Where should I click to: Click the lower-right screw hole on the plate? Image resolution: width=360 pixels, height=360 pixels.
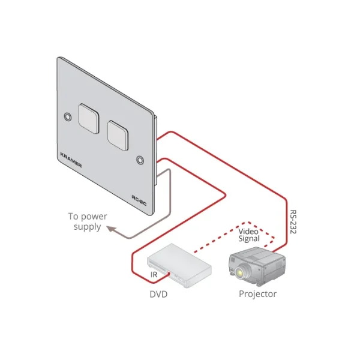140,160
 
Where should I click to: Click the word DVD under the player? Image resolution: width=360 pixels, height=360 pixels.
158,295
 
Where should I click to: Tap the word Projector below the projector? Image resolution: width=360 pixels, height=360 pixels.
257,294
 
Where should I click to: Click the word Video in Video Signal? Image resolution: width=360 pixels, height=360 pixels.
248,230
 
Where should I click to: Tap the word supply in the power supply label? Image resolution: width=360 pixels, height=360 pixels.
87,227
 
